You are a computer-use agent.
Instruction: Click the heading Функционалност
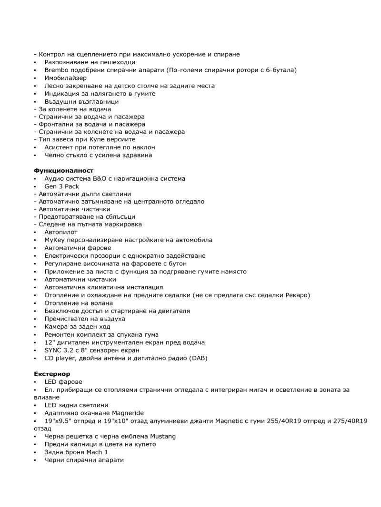click(x=63, y=170)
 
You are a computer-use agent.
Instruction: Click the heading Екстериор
click(x=52, y=374)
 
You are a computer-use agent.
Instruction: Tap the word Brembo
click(x=57, y=70)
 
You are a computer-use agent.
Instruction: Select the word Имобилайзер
click(x=66, y=78)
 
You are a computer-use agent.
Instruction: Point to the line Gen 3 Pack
click(x=61, y=186)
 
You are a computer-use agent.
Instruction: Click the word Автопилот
click(x=60, y=232)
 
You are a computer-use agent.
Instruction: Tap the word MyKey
click(x=54, y=240)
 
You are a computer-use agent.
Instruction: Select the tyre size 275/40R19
click(x=348, y=420)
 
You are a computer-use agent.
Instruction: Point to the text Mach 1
click(x=97, y=452)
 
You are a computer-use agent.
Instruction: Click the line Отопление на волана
click(x=79, y=303)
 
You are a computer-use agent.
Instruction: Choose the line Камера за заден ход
click(x=77, y=326)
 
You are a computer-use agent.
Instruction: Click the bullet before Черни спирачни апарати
click(x=35, y=460)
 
